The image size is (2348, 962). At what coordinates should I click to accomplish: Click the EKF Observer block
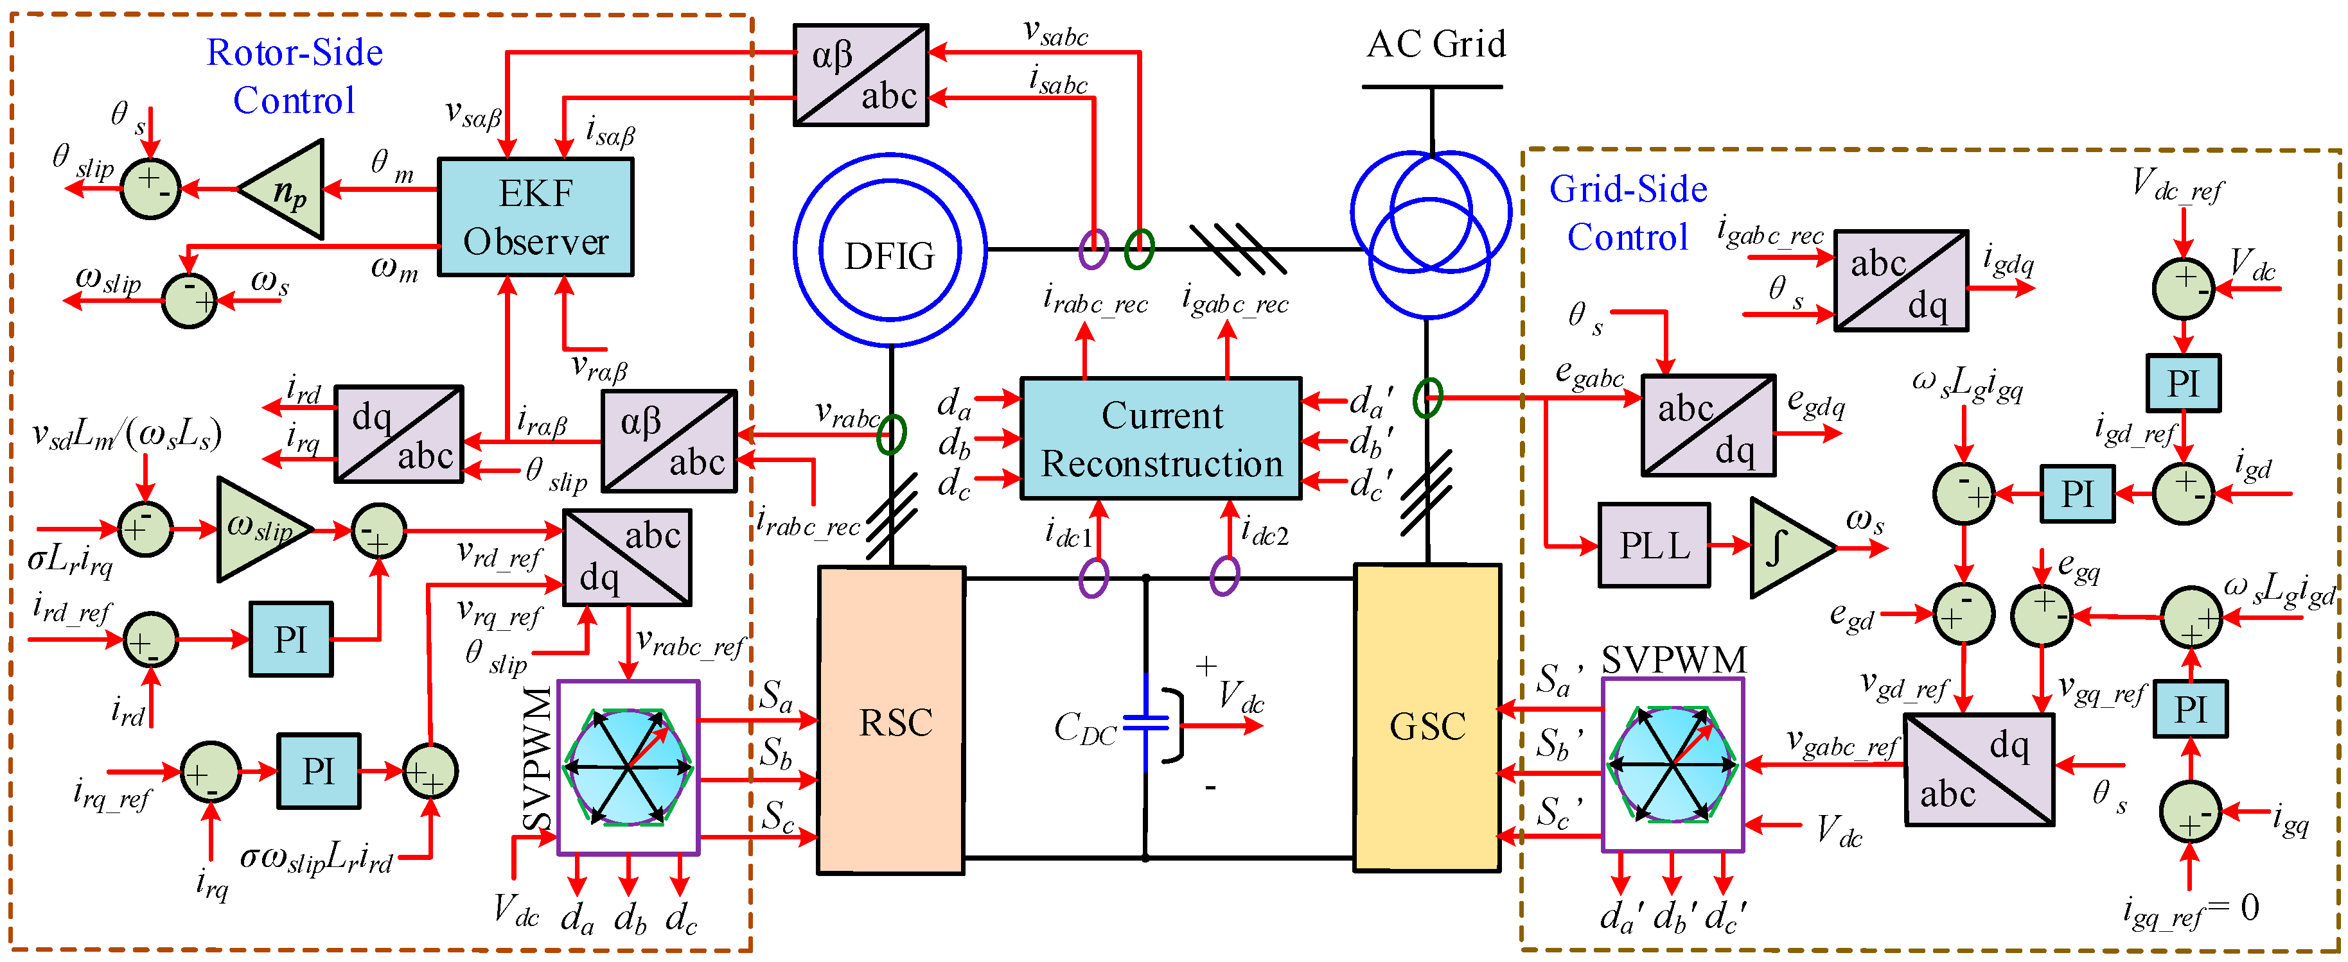click(535, 217)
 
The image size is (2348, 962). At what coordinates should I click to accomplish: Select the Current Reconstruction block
click(1160, 439)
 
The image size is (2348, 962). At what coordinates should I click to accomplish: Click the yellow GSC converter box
click(1427, 718)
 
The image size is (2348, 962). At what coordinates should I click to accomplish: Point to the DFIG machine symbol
click(890, 250)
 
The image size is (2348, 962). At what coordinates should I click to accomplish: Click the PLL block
click(1654, 545)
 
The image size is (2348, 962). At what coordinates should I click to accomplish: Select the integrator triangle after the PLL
click(1786, 547)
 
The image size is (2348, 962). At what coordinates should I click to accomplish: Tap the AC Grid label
click(1436, 44)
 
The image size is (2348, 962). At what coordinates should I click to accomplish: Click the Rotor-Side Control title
click(294, 76)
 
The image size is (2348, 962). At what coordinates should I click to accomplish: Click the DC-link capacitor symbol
click(1146, 723)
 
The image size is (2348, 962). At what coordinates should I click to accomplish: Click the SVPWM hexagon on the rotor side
click(628, 767)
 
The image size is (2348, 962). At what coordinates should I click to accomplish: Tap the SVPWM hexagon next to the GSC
click(1673, 764)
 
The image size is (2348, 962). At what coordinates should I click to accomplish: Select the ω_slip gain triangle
click(260, 528)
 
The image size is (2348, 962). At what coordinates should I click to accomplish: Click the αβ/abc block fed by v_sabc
click(860, 74)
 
